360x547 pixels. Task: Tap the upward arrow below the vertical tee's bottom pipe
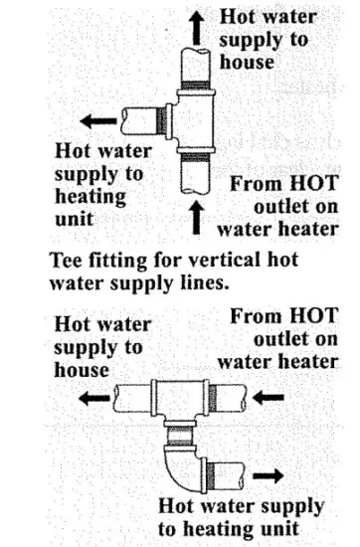click(x=196, y=217)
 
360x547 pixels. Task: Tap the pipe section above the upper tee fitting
click(x=196, y=66)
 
